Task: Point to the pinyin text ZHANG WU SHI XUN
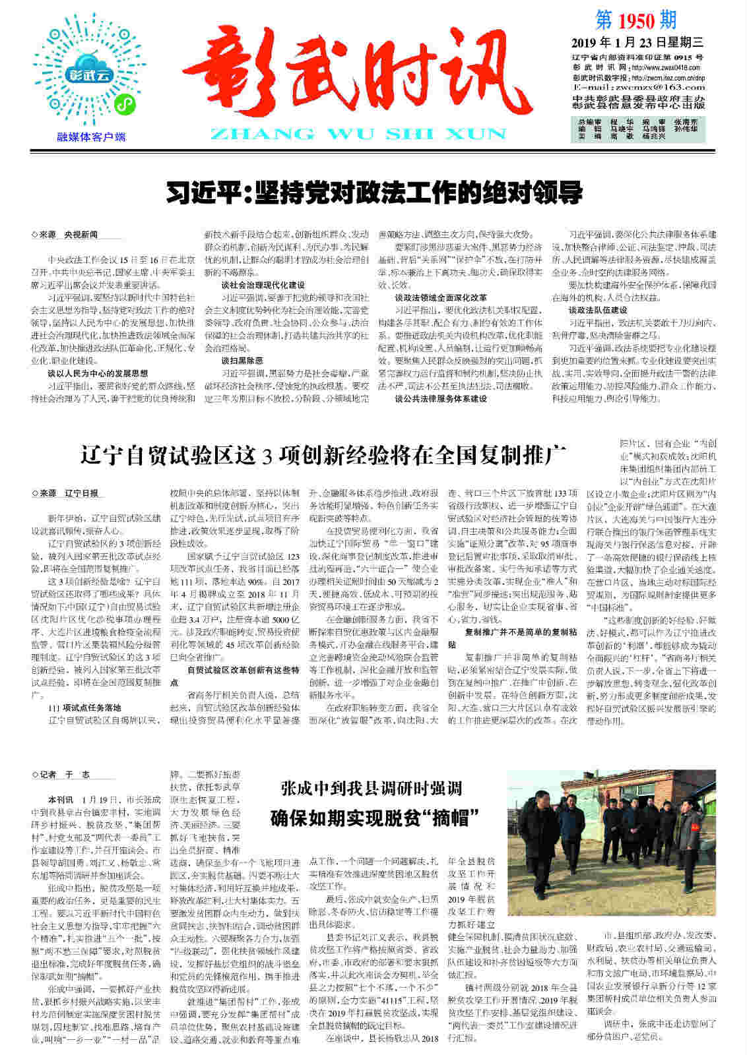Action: tap(357, 134)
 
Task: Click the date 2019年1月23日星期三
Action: tap(637, 43)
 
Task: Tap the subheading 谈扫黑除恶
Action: tap(242, 361)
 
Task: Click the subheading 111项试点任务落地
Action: tap(84, 708)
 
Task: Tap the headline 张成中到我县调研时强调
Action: tap(371, 788)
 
